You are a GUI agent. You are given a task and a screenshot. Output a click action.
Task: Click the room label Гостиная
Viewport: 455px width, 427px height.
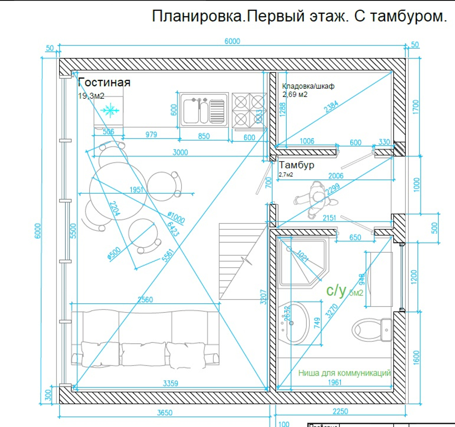(104, 82)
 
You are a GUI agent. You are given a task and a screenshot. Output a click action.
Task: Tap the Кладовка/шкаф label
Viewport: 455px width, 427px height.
(308, 86)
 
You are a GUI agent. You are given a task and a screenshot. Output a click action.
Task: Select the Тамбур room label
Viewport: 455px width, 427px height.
(296, 165)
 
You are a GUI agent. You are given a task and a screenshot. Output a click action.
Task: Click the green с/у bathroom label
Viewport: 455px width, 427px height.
(337, 290)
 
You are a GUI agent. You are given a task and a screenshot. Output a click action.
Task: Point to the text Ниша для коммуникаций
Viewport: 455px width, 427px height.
(344, 373)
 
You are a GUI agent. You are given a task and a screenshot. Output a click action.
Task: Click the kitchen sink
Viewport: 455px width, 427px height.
(203, 109)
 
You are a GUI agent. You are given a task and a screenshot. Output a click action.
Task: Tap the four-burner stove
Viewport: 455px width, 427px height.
(249, 110)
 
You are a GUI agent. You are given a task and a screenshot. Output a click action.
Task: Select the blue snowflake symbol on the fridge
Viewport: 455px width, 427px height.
(110, 110)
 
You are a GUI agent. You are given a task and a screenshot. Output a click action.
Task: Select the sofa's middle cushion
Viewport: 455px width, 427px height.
(144, 353)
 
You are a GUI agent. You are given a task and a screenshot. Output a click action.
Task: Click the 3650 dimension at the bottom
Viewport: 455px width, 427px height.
(165, 413)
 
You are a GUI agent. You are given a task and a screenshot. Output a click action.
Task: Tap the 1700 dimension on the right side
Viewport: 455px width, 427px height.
(415, 108)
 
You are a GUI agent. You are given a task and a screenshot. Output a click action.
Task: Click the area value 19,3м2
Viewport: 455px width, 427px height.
(91, 96)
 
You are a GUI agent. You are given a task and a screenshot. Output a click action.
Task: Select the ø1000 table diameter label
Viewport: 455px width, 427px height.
(176, 218)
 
